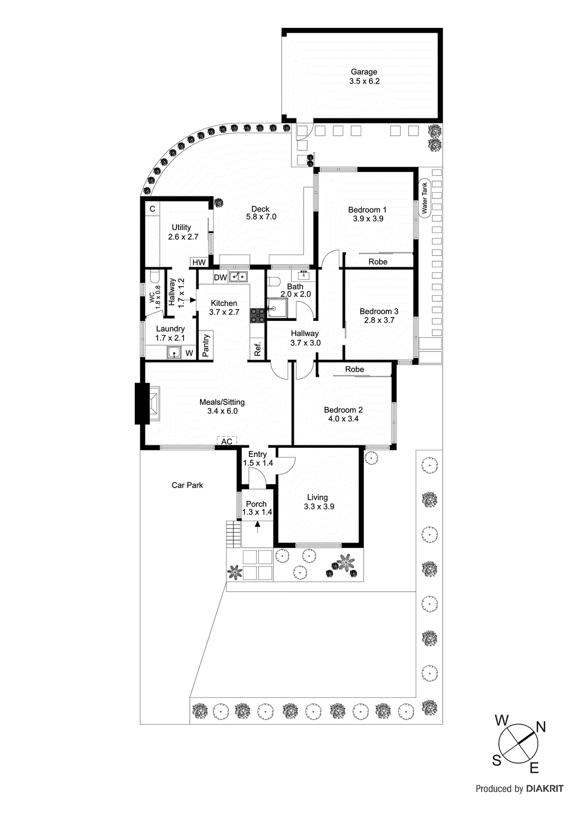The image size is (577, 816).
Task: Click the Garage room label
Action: pos(364,72)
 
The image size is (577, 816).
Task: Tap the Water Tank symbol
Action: pos(424,198)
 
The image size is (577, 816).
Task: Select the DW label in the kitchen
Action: pos(220,277)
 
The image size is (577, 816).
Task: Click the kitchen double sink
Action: pos(238,277)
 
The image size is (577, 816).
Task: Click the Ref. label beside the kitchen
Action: pos(258,349)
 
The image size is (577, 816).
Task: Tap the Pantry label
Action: pos(206,345)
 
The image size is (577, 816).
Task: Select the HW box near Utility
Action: pos(199,263)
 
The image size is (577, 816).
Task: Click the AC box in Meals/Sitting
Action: pos(227,441)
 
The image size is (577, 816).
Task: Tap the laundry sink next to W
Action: pos(174,352)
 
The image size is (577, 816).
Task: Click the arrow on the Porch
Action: pos(257,526)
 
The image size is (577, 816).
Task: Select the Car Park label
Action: pos(187,485)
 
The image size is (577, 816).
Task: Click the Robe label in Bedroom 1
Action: pos(378,262)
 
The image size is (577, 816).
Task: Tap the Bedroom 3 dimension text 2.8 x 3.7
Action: pos(379,320)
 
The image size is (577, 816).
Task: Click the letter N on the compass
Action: pos(541,727)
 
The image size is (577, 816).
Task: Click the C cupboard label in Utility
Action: pos(153,209)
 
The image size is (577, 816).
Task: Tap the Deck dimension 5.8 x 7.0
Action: pos(261,217)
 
